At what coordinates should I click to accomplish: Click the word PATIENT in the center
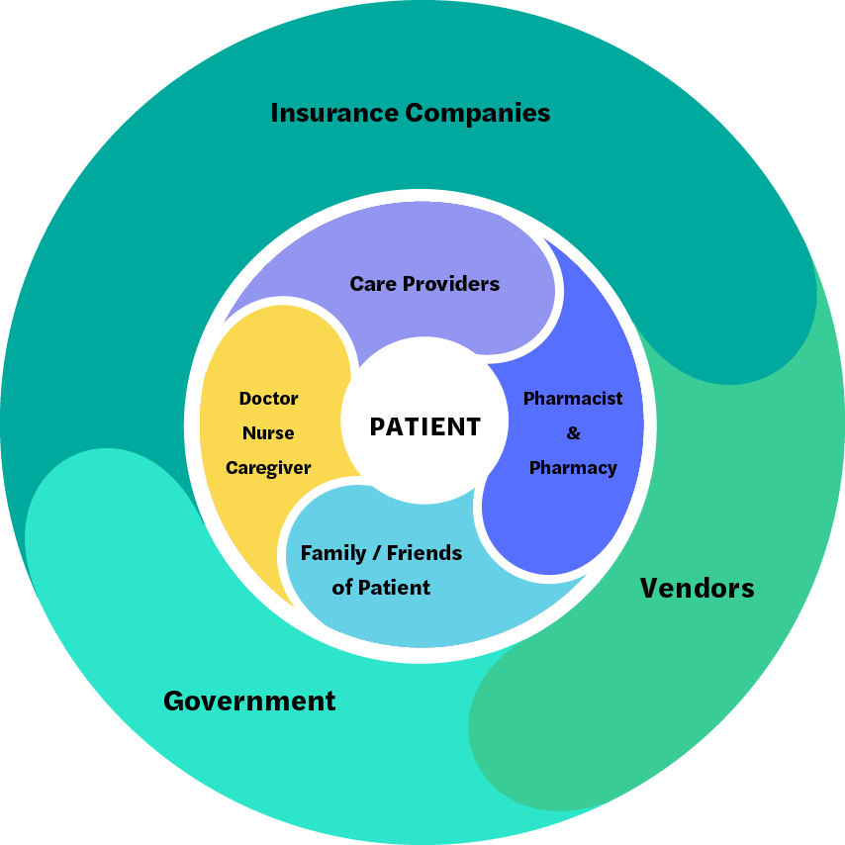(x=424, y=426)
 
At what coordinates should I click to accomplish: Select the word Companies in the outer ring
(x=479, y=113)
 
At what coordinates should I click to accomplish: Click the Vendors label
(x=697, y=589)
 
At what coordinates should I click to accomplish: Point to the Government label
(x=249, y=702)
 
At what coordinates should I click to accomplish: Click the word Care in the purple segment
(x=373, y=284)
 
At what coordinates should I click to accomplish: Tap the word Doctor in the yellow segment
(x=268, y=399)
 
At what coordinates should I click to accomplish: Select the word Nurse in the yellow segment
(x=268, y=433)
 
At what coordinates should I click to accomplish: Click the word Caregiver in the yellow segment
(x=268, y=468)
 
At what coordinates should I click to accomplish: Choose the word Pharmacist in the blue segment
(x=573, y=399)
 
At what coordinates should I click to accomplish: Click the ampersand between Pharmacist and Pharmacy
(x=573, y=433)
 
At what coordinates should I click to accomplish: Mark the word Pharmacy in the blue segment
(x=573, y=468)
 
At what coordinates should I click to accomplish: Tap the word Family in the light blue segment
(x=333, y=553)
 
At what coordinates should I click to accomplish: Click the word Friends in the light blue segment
(x=424, y=553)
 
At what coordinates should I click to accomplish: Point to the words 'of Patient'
(x=381, y=588)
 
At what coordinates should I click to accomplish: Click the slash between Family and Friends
(x=377, y=553)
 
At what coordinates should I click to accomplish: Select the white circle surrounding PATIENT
(x=424, y=371)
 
